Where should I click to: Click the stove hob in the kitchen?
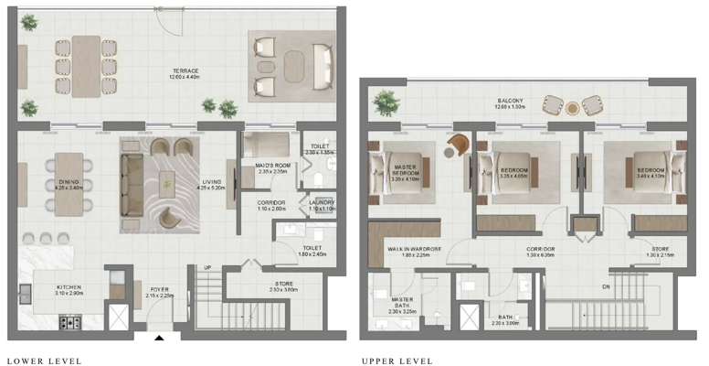[x=69, y=322]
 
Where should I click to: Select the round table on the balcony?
[x=572, y=108]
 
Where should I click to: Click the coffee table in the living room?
[x=166, y=184]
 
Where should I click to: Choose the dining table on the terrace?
[x=86, y=67]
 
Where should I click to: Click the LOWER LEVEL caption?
[x=44, y=361]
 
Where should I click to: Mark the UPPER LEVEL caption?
[x=397, y=361]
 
